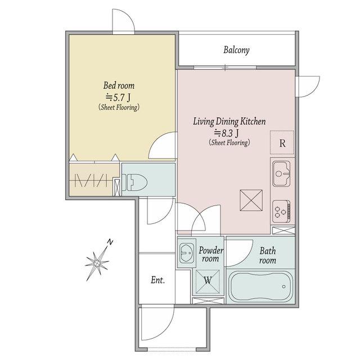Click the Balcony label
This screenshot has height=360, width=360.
236,50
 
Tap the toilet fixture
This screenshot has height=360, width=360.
134,182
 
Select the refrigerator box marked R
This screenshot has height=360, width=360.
282,142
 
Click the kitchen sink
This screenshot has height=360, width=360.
281,174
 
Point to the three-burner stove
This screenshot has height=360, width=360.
281,211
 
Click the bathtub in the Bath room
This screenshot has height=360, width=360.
261,286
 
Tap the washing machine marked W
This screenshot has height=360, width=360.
208,282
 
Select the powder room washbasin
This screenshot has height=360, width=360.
186,253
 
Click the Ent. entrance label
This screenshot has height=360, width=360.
157,280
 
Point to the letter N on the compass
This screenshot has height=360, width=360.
110,242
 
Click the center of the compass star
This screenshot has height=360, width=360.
97,263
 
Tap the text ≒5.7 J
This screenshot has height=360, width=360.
118,97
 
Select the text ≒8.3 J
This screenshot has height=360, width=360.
227,133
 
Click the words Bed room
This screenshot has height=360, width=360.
119,85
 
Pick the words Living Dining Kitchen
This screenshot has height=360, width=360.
229,121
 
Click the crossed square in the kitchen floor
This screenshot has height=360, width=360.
251,200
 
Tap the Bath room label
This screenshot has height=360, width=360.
268,255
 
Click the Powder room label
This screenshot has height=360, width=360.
211,254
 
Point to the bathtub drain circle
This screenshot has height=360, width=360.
283,286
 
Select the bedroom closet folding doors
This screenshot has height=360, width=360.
91,180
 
